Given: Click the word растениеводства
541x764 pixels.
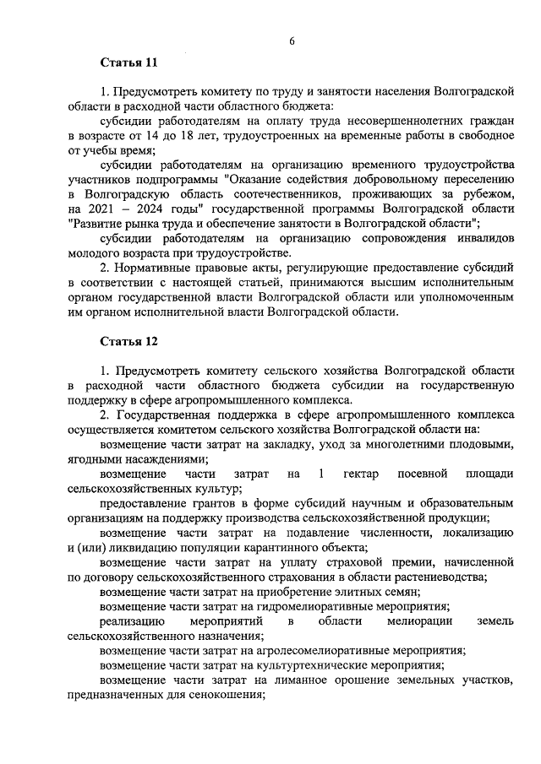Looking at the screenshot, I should pyautogui.click(x=438, y=577).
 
